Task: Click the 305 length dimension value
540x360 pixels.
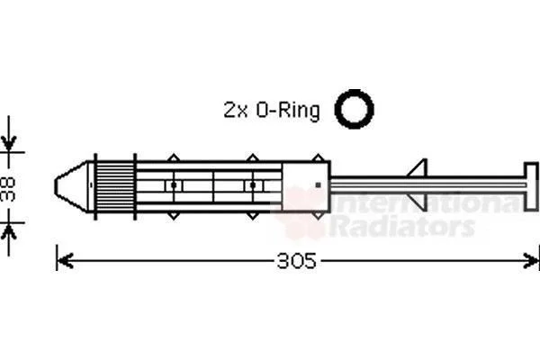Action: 296,261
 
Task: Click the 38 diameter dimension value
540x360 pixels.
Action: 8,189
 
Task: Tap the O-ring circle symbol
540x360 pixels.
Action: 354,109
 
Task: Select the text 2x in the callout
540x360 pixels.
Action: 236,110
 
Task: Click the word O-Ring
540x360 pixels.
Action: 288,111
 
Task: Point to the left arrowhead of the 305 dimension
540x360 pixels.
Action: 65,261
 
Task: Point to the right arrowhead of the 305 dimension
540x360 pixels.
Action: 531,261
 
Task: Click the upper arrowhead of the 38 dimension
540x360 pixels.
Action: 9,143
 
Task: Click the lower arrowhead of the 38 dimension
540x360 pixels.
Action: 9,231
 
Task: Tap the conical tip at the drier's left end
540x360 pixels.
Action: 72,186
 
